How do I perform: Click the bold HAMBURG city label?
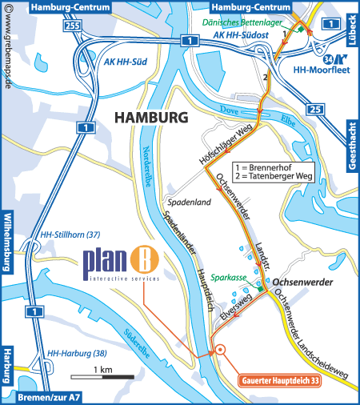tap(151, 117)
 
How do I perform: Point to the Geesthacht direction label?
tap(351, 143)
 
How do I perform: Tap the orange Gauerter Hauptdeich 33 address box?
tap(280, 382)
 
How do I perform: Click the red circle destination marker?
tap(220, 349)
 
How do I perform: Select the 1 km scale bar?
tap(102, 376)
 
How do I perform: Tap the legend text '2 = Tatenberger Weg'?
tap(274, 175)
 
